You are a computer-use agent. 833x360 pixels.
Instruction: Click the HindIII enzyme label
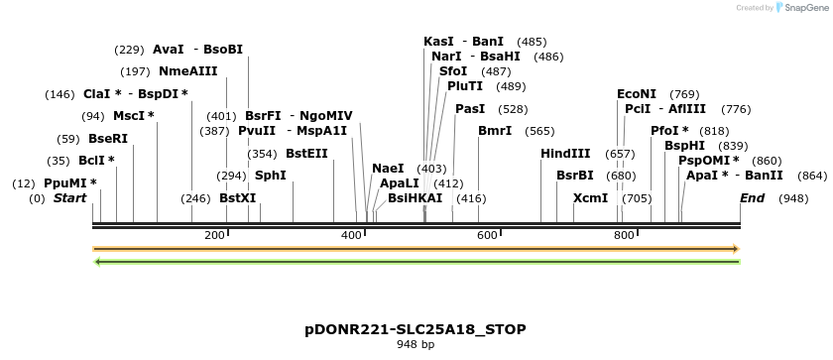pyautogui.click(x=565, y=154)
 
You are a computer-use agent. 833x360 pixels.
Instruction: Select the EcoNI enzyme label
pyautogui.click(x=636, y=94)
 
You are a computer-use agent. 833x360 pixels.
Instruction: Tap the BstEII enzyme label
pyautogui.click(x=306, y=154)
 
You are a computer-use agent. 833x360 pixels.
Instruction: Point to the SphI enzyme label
pyautogui.click(x=271, y=176)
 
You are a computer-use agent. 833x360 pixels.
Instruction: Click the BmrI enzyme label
pyautogui.click(x=495, y=131)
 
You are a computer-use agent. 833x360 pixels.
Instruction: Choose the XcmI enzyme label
pyautogui.click(x=591, y=198)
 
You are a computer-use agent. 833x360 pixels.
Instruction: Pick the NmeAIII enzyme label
pyautogui.click(x=187, y=71)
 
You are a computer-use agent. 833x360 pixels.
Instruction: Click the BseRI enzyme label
pyautogui.click(x=108, y=139)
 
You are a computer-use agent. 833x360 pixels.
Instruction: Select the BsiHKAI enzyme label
pyautogui.click(x=416, y=198)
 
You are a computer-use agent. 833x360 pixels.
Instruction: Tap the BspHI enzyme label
pyautogui.click(x=684, y=146)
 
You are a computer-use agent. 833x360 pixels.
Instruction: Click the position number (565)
pyautogui.click(x=540, y=131)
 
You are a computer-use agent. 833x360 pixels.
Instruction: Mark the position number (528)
pyautogui.click(x=514, y=109)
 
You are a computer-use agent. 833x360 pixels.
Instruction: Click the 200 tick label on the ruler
pyautogui.click(x=214, y=235)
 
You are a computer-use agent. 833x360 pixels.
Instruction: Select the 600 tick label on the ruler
pyautogui.click(x=487, y=235)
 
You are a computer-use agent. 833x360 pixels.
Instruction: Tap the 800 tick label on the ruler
pyautogui.click(x=624, y=235)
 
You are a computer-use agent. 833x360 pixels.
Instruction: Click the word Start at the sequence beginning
pyautogui.click(x=69, y=198)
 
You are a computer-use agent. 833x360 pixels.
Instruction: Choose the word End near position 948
pyautogui.click(x=753, y=198)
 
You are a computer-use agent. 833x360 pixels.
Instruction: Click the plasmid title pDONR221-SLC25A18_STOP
pyautogui.click(x=416, y=329)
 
